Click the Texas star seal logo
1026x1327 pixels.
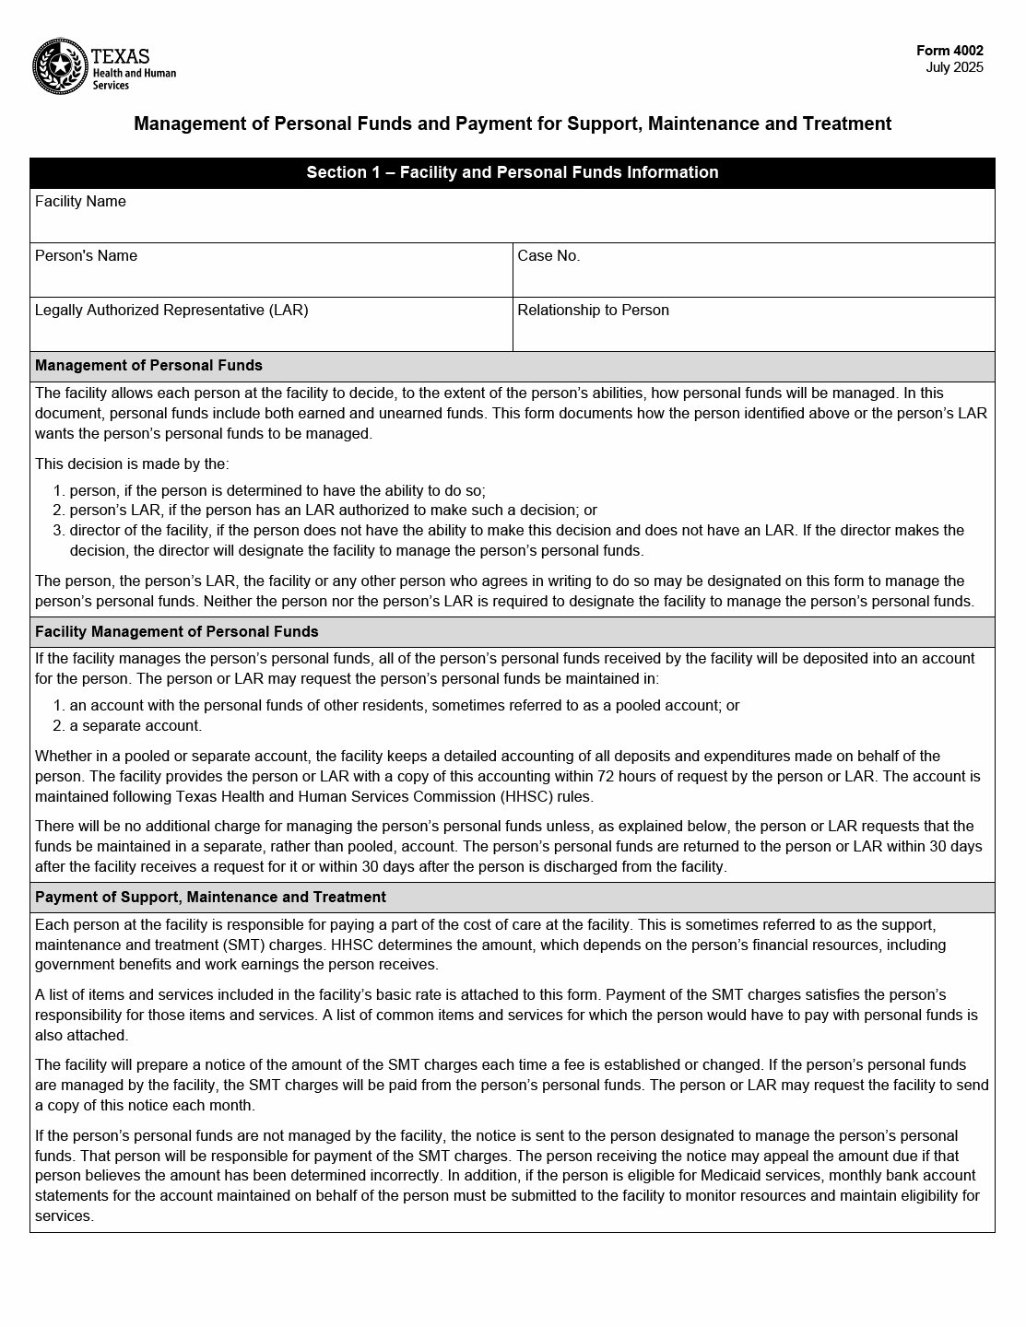60,66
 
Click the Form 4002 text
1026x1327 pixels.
949,52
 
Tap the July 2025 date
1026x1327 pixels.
954,67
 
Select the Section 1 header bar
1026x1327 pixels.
513,172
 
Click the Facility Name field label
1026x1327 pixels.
80,202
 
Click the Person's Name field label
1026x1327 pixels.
86,256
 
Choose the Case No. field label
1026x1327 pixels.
548,256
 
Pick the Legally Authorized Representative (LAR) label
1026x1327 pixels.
171,311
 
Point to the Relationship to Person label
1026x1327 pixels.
593,311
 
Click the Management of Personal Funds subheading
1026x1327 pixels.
148,366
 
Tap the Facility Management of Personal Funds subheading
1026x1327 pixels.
176,632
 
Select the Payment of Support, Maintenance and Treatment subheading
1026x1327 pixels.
210,898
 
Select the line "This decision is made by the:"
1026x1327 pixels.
132,464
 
